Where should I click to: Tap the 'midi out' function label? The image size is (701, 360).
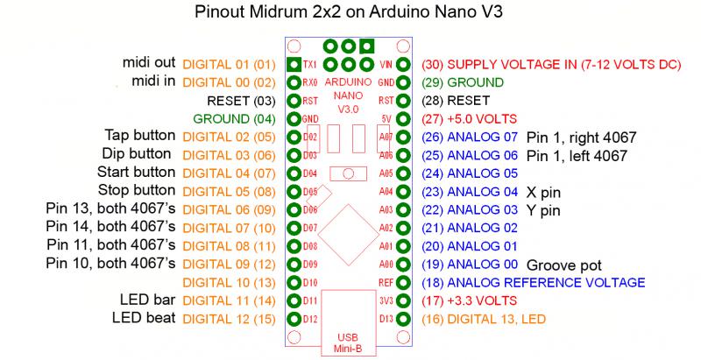pos(149,62)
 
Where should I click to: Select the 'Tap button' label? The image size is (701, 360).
pos(140,135)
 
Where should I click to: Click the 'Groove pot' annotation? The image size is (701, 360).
pos(564,265)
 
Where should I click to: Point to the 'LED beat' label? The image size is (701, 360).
pos(144,318)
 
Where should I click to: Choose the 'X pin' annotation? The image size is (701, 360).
pos(543,193)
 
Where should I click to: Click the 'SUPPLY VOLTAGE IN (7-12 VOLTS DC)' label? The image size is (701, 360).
pos(564,65)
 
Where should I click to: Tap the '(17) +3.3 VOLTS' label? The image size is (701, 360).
pos(470,300)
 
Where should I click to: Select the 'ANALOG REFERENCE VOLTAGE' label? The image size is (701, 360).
pos(546,283)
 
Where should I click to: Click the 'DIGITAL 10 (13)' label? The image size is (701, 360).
pos(230,283)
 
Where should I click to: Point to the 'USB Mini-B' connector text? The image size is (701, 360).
pos(348,343)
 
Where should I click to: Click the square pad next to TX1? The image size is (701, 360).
pos(294,65)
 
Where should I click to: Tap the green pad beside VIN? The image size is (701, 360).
pos(403,65)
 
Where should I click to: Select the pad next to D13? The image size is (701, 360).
pos(403,319)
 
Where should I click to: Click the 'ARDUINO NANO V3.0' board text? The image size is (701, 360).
pos(348,95)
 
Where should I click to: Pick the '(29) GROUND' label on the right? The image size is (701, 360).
pos(463,82)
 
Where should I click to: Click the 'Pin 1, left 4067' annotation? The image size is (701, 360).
pos(577,155)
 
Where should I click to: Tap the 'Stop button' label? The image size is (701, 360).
pos(137,190)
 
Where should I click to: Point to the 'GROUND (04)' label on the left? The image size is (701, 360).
pos(234,119)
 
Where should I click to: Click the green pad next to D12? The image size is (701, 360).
pos(294,319)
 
